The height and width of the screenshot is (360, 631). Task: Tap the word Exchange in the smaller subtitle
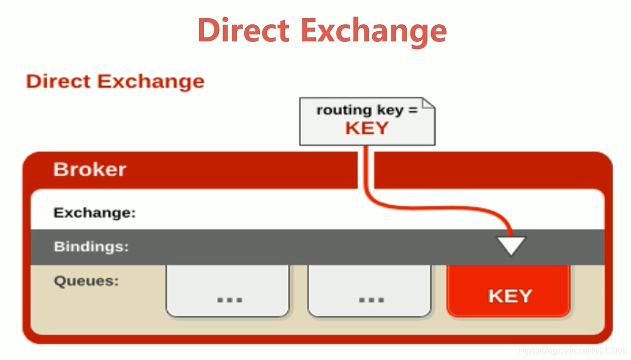[151, 81]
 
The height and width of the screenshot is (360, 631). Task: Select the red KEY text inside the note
[367, 128]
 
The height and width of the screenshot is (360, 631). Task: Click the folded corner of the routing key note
[429, 104]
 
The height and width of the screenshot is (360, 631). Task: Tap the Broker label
[90, 169]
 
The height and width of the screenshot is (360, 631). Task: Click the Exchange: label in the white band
[95, 212]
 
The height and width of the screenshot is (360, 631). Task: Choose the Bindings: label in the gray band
[91, 247]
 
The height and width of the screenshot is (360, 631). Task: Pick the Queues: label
[86, 280]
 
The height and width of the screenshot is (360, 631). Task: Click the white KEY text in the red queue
[510, 296]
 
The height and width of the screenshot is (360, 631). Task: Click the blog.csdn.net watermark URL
[572, 350]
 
